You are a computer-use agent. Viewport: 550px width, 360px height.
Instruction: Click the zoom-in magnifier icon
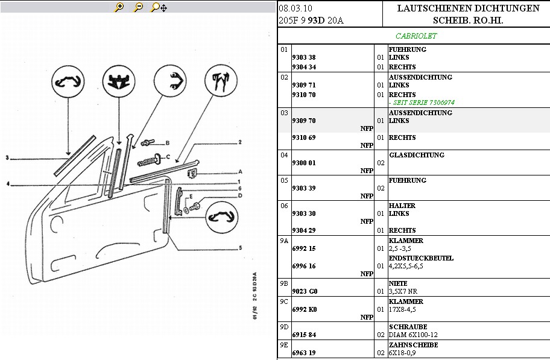click(x=119, y=7)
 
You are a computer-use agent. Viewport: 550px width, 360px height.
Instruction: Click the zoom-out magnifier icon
click(x=138, y=7)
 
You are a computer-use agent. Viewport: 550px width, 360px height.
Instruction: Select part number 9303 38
click(x=304, y=58)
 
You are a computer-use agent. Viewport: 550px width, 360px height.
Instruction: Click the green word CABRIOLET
click(x=416, y=36)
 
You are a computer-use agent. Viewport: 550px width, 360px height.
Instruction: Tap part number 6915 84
click(x=304, y=335)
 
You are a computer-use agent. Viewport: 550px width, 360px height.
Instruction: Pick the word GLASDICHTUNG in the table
click(x=417, y=155)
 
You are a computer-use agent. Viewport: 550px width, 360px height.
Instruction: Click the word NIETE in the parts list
click(x=398, y=283)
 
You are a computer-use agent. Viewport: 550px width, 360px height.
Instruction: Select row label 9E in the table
click(x=284, y=345)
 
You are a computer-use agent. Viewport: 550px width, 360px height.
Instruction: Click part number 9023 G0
click(x=305, y=292)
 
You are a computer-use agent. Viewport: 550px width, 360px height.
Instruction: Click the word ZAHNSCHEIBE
click(x=413, y=345)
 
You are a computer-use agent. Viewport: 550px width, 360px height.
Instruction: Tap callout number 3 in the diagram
click(x=7, y=158)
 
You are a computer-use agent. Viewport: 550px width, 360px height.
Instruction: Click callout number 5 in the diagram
click(x=239, y=247)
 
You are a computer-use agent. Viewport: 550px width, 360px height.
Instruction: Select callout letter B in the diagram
click(x=167, y=143)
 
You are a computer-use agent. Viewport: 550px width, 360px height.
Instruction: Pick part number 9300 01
click(x=304, y=163)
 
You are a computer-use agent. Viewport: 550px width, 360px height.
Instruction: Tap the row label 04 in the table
click(x=284, y=155)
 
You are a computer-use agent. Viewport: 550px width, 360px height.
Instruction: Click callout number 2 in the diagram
click(x=239, y=142)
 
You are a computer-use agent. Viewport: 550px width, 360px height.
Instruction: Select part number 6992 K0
click(x=305, y=309)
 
